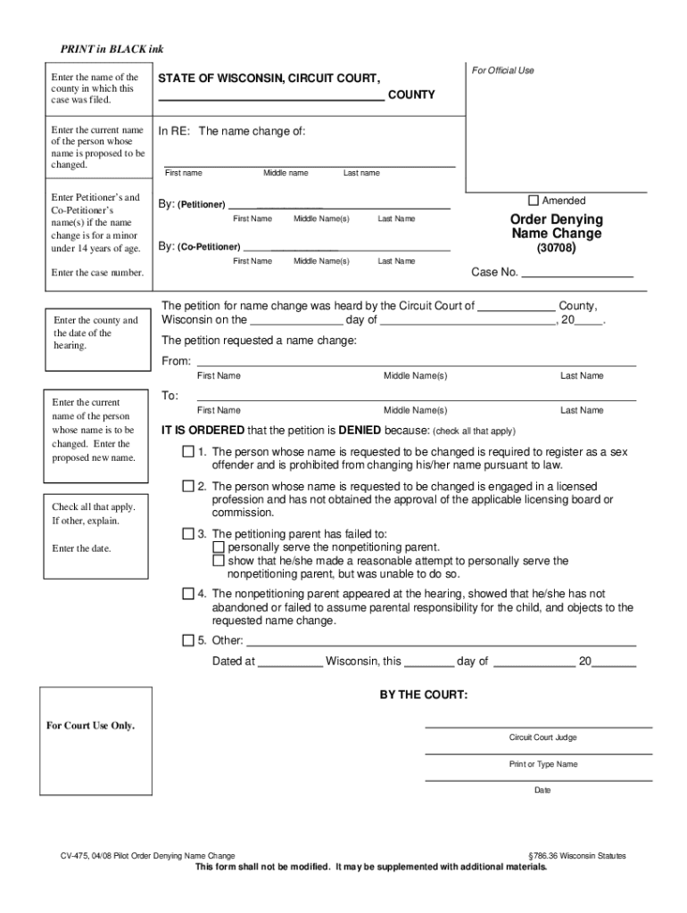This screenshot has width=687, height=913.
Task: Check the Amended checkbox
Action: pyautogui.click(x=534, y=201)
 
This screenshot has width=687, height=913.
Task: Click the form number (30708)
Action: pyautogui.click(x=556, y=250)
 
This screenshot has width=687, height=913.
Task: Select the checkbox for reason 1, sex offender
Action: pyautogui.click(x=188, y=452)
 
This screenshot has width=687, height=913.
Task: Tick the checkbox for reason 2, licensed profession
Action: pyautogui.click(x=188, y=487)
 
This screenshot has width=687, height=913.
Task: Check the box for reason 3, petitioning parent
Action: pyautogui.click(x=188, y=534)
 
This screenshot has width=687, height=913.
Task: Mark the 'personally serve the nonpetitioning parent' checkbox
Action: pyautogui.click(x=219, y=547)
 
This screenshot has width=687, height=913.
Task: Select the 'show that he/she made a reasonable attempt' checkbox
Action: pyautogui.click(x=219, y=561)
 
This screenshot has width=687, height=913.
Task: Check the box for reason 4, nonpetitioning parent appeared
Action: pyautogui.click(x=188, y=594)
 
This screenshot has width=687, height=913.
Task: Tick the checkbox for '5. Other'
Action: pyautogui.click(x=188, y=640)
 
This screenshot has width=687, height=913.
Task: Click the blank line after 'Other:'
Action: pyautogui.click(x=441, y=643)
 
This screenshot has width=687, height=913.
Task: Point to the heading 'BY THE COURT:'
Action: pyautogui.click(x=423, y=695)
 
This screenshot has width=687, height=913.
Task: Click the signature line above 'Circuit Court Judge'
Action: pyautogui.click(x=538, y=727)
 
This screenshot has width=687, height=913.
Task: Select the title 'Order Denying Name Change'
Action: pyautogui.click(x=556, y=226)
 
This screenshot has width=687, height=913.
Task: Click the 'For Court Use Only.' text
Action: pyautogui.click(x=90, y=725)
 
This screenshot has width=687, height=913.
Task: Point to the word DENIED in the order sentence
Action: pyautogui.click(x=360, y=430)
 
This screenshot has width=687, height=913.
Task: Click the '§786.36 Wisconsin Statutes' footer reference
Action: pyautogui.click(x=577, y=856)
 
